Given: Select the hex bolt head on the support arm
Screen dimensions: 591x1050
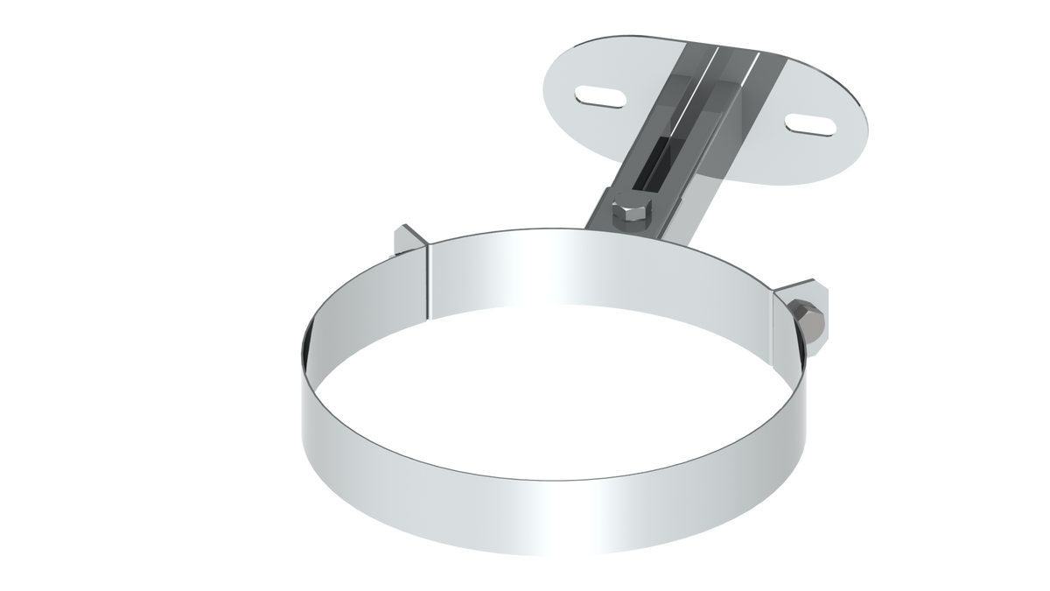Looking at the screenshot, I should tap(631, 213).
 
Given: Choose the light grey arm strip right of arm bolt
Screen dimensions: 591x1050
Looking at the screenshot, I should tap(674, 224).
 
